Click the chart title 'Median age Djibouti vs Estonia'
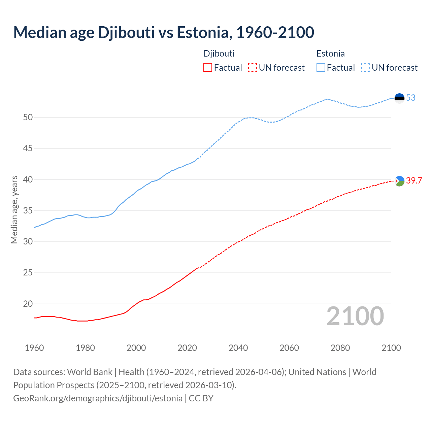[164, 32]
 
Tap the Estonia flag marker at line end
[399, 98]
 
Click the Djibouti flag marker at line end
[399, 181]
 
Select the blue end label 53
[411, 98]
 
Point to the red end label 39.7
[414, 181]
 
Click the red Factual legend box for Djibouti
[208, 68]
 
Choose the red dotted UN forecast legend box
[253, 68]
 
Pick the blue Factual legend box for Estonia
[321, 68]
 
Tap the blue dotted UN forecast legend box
[366, 68]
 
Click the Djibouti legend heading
[219, 54]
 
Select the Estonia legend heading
[330, 54]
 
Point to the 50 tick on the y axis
[28, 118]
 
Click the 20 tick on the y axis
[28, 304]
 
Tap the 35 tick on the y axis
[28, 211]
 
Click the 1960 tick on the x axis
[34, 348]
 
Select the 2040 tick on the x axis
[238, 348]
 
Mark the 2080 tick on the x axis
[340, 348]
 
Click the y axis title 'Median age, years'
[14, 209]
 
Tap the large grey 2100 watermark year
[355, 316]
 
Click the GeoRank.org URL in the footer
[98, 398]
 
